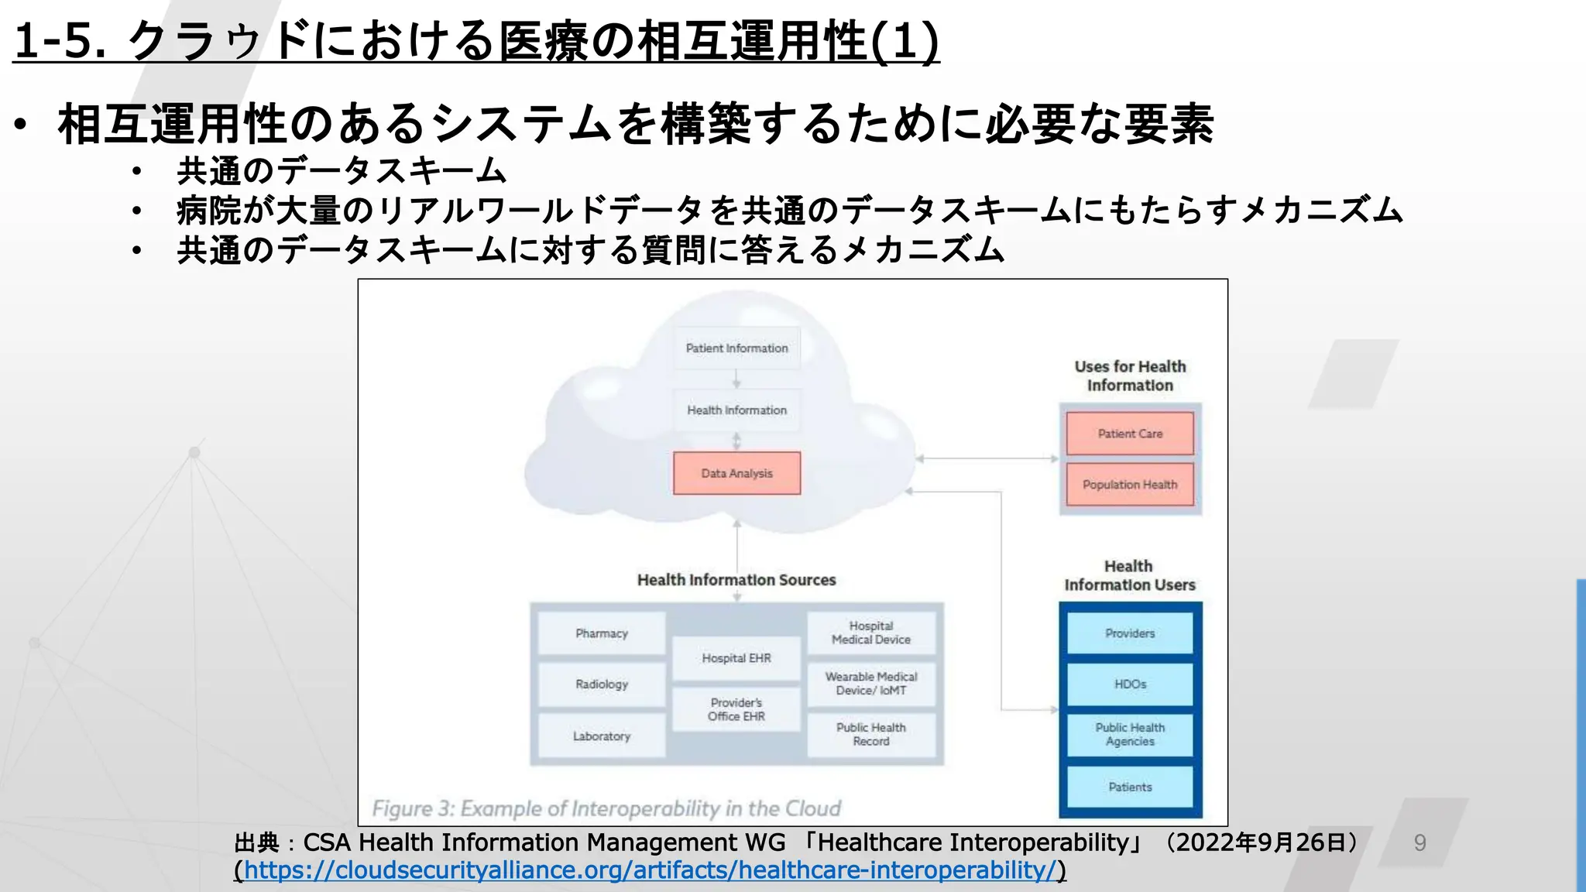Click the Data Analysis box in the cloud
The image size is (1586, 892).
point(736,473)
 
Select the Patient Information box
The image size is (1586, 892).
point(736,348)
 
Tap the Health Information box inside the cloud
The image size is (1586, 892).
point(736,410)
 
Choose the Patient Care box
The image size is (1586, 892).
point(1130,434)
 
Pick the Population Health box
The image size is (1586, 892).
point(1130,485)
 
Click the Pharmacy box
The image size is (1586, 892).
point(602,633)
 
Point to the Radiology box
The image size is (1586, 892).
point(602,684)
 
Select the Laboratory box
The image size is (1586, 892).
point(602,736)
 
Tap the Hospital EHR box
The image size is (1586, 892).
point(736,658)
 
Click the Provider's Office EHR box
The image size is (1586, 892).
point(736,709)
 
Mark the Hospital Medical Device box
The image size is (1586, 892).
point(871,633)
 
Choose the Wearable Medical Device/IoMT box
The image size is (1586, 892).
point(871,684)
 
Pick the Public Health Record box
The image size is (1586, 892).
point(871,735)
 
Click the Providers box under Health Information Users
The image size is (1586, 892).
point(1130,633)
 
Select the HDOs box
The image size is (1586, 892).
point(1130,684)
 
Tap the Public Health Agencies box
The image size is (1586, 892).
point(1130,735)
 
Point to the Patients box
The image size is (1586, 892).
point(1130,787)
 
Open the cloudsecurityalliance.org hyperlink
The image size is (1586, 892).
point(651,870)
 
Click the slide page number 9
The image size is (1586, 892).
point(1420,842)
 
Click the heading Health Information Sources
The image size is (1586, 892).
point(736,580)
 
